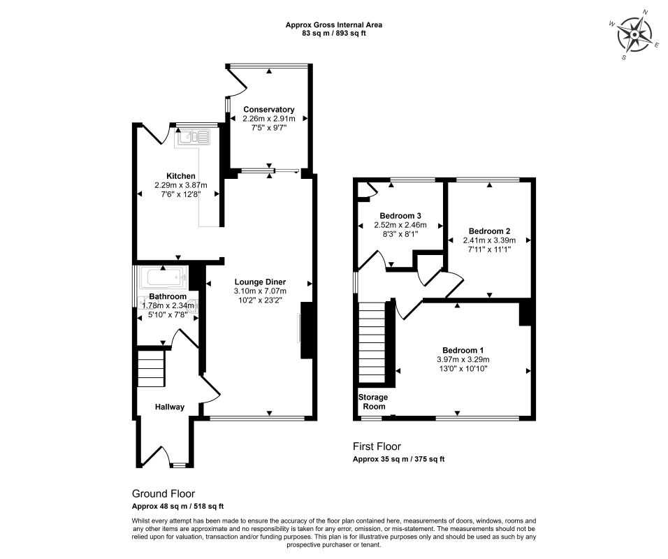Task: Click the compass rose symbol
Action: [x=634, y=34]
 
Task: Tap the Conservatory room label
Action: [x=269, y=110]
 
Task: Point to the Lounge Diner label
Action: [x=260, y=282]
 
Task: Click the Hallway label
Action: [x=170, y=407]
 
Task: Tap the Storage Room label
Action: [x=373, y=402]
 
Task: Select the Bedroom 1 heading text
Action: [x=463, y=350]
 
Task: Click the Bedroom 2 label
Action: [x=489, y=231]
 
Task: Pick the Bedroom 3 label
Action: [x=400, y=216]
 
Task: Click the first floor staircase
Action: [x=372, y=342]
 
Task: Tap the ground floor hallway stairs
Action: [x=151, y=368]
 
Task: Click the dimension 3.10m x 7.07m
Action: [x=260, y=291]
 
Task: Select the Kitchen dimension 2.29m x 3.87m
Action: [x=181, y=185]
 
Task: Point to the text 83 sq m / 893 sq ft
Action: [x=333, y=34]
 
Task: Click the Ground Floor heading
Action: [x=164, y=494]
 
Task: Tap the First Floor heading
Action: [x=377, y=447]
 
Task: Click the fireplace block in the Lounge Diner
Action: [x=307, y=331]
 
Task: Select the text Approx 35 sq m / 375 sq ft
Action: [x=398, y=459]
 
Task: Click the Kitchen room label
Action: [x=181, y=176]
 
